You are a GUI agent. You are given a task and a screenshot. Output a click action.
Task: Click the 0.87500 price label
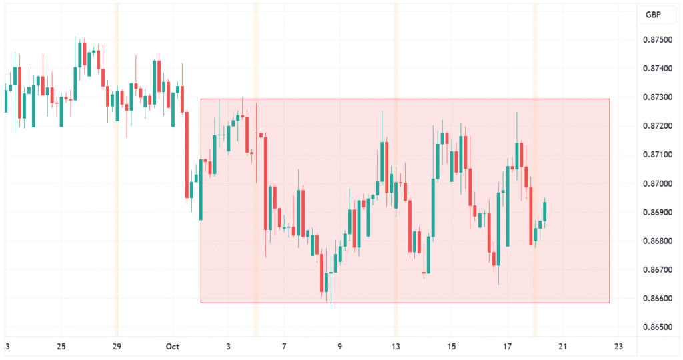[x=658, y=39]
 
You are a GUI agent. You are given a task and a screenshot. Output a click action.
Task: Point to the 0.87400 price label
[x=658, y=68]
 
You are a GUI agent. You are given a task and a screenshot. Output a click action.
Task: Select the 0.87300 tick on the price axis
[x=658, y=97]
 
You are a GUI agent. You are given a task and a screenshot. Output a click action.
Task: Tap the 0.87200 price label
[x=658, y=126]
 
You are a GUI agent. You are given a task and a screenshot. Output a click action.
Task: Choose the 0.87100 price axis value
[x=658, y=155]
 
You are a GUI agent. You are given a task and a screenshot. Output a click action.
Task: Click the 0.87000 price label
[x=658, y=183]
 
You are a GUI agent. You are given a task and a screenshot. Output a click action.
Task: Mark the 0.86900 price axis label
[x=658, y=212]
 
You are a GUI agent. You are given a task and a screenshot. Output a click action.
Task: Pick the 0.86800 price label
[x=658, y=241]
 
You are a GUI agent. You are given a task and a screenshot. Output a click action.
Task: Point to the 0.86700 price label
[x=658, y=270]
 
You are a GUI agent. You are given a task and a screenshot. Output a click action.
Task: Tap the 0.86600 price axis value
[x=658, y=299]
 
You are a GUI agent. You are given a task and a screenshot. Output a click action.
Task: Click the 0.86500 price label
[x=658, y=327]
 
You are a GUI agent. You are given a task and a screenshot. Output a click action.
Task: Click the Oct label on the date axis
[x=173, y=347]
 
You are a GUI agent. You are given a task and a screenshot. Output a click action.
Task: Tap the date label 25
[x=61, y=347]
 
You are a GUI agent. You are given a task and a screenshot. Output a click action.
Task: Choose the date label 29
[x=117, y=347]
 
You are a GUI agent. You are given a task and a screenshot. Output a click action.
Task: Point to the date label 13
[x=396, y=347]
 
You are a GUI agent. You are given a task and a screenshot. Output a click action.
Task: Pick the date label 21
[x=563, y=347]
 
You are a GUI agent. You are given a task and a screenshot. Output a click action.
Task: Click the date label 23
[x=618, y=347]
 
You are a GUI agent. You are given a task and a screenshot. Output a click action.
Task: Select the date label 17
[x=507, y=347]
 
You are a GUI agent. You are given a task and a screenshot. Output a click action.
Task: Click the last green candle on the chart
[x=545, y=211]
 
